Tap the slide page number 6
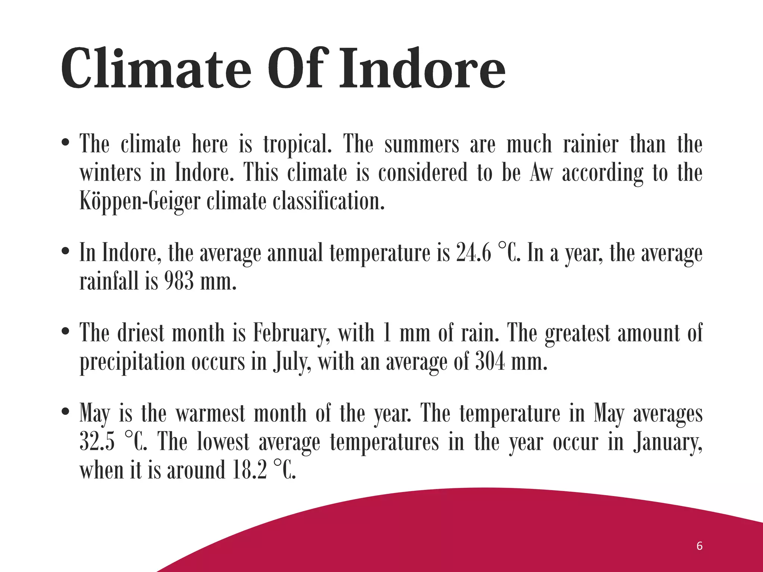[x=699, y=546]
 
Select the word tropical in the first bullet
[x=297, y=145]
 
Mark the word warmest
[x=210, y=414]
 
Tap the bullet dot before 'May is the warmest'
[x=66, y=413]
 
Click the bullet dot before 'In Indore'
[x=66, y=252]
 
